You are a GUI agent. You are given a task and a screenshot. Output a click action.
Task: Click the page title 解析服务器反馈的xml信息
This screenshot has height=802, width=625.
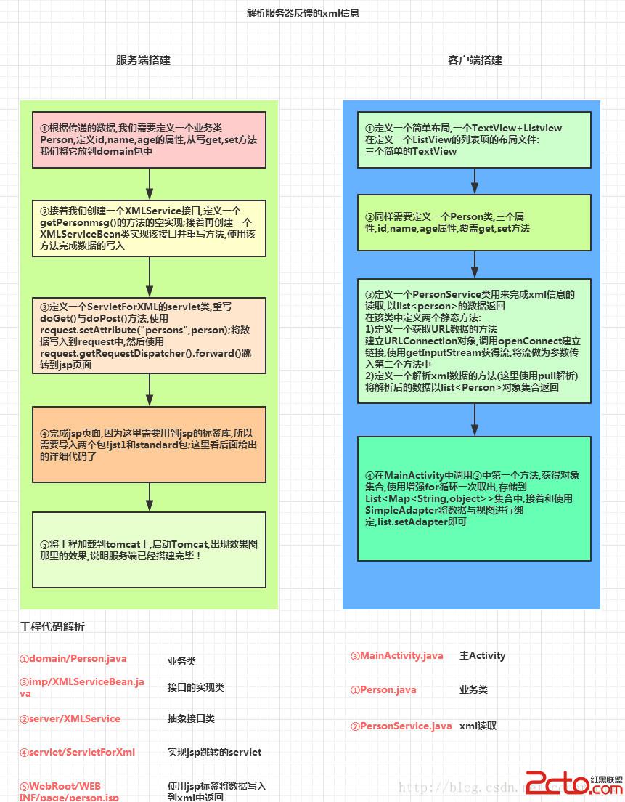pos(303,13)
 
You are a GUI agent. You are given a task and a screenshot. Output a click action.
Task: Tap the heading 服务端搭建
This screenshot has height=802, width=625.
pos(143,60)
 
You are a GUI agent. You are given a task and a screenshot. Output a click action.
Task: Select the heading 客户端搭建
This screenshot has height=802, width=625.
pos(475,60)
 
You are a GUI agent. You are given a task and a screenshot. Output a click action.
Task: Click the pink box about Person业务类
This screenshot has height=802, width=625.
pos(149,139)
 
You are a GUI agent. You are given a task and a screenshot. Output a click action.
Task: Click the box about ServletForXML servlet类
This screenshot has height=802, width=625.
pos(149,335)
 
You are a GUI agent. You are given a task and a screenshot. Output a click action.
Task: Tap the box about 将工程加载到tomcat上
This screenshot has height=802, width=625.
pos(149,549)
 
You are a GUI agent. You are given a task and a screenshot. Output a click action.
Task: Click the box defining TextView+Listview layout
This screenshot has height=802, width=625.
pos(474,139)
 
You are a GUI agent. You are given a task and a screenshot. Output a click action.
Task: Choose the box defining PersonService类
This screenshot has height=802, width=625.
pos(474,341)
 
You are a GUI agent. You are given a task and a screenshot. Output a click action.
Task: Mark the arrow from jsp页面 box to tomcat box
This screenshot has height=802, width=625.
pos(149,497)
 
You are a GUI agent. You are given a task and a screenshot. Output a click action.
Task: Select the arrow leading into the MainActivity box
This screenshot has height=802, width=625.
pos(474,420)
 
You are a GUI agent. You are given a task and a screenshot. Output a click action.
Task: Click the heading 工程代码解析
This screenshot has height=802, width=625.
pos(52,627)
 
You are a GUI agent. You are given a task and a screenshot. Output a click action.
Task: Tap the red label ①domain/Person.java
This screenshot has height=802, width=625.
pos(73,659)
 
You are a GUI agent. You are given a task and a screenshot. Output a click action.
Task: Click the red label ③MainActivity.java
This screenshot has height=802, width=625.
pos(396,656)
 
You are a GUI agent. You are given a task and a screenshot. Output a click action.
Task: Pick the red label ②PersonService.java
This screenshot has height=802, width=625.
pos(401,726)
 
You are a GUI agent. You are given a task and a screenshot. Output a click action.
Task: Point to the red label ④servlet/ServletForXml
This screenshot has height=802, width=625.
pos(77,752)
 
